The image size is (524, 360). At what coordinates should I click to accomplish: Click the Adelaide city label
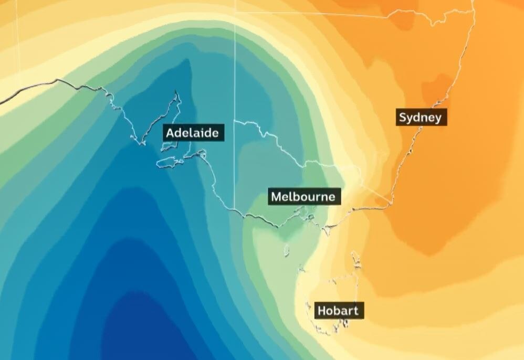[192, 133]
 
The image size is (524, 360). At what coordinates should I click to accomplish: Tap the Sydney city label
[420, 117]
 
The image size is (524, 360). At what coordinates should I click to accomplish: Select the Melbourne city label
[303, 197]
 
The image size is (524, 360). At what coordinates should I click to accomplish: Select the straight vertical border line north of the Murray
[235, 63]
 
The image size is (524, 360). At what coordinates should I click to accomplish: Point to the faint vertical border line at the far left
[18, 42]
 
